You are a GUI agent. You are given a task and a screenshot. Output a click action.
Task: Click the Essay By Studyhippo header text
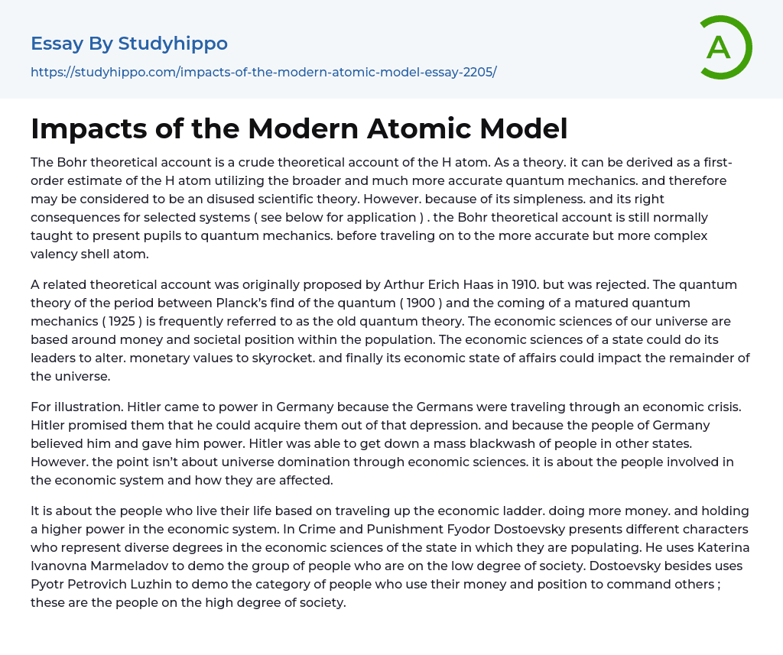tap(129, 44)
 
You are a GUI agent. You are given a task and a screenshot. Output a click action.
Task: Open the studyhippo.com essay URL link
tap(263, 72)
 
